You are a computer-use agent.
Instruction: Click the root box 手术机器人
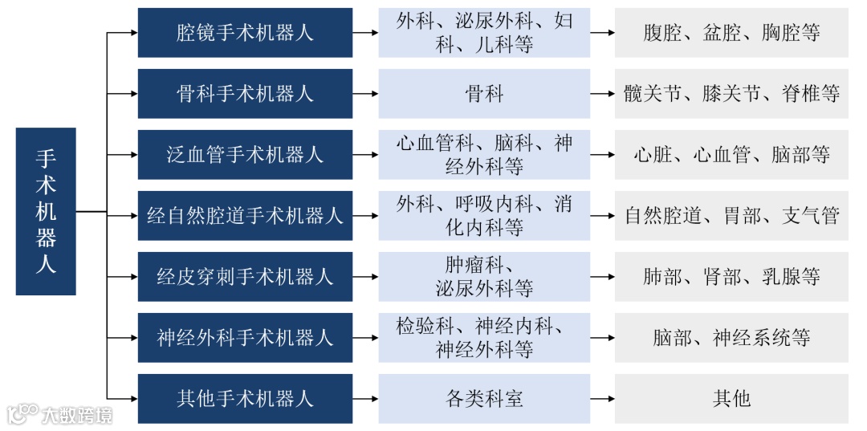point(46,211)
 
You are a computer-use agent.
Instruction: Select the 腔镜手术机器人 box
point(245,33)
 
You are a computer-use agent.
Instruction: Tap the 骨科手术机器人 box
point(245,94)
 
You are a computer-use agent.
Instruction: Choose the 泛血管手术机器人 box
point(245,155)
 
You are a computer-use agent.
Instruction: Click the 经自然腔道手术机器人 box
point(245,216)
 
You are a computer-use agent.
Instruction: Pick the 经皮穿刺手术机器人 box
point(245,277)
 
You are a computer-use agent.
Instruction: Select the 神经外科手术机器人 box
point(245,338)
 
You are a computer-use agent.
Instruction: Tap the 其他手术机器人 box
point(245,399)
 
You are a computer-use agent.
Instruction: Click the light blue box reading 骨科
point(484,94)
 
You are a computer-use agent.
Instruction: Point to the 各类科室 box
point(484,399)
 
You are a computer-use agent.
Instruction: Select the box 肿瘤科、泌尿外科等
point(484,277)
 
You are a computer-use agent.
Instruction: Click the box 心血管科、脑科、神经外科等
point(484,155)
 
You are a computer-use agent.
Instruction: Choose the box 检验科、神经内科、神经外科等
point(484,338)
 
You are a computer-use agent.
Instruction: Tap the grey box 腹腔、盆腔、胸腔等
point(731,33)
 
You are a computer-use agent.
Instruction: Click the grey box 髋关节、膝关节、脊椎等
point(731,94)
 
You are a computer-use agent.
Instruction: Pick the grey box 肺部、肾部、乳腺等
point(731,277)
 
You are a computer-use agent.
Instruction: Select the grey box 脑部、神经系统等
point(731,338)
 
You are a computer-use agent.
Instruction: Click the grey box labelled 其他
point(731,399)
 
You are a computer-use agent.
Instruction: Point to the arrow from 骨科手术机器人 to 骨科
point(365,94)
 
